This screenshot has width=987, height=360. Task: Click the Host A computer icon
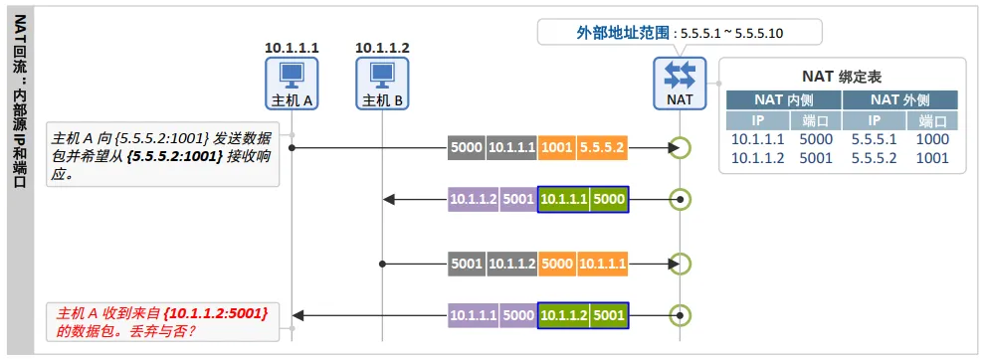(x=292, y=84)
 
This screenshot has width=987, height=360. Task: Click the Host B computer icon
(x=382, y=84)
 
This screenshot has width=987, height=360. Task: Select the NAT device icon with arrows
(x=680, y=84)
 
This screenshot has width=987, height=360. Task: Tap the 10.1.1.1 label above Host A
(x=292, y=48)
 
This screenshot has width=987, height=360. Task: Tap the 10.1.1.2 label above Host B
(x=382, y=48)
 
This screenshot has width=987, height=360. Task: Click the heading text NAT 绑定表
(x=842, y=77)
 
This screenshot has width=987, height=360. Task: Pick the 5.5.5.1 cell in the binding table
(x=873, y=139)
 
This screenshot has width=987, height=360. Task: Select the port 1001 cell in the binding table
(x=931, y=158)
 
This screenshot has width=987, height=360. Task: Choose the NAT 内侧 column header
(x=784, y=99)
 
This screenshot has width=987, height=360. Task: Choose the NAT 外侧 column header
(x=900, y=99)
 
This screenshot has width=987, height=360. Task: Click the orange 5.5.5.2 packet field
(x=602, y=148)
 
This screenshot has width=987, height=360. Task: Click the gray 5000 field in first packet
(x=467, y=148)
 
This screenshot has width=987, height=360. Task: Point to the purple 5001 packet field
(x=518, y=200)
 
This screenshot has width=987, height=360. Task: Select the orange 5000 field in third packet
(x=557, y=265)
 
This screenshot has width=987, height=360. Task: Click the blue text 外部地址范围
(x=623, y=34)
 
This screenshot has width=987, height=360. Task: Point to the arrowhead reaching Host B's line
(x=388, y=200)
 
